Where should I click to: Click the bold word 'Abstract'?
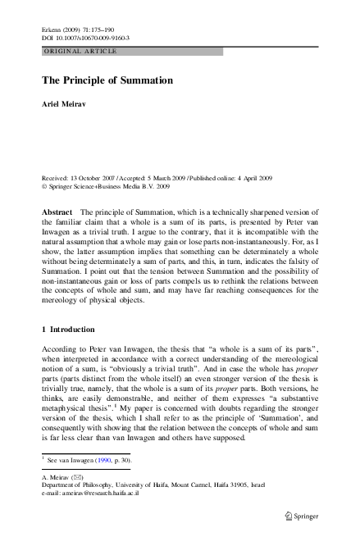(57, 212)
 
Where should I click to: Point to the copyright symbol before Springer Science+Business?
(44, 186)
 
